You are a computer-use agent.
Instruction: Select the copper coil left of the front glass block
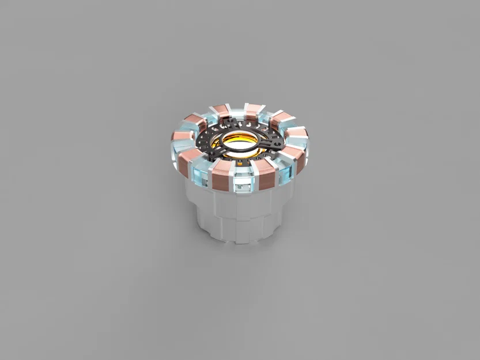point(221,175)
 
